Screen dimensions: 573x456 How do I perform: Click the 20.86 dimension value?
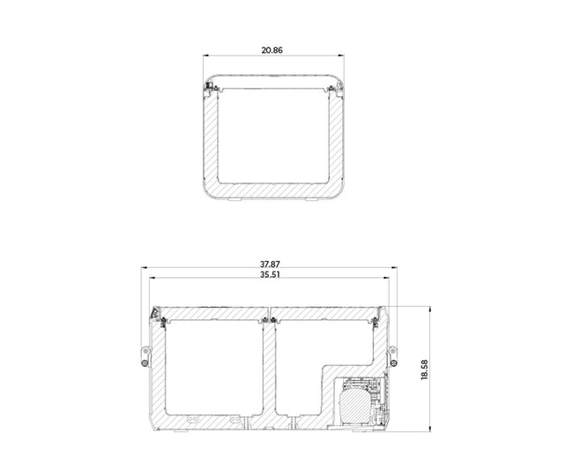pos(272,50)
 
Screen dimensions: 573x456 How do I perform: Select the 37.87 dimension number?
pos(270,264)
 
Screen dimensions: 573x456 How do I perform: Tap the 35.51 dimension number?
pos(270,274)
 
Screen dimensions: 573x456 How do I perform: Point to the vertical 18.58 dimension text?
pos(425,370)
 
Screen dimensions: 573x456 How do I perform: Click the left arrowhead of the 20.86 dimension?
pos(205,56)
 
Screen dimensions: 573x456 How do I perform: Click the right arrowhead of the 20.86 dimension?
pos(341,56)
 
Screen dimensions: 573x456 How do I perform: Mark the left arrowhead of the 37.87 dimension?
pos(145,267)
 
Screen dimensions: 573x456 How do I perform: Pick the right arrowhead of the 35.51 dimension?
pos(386,278)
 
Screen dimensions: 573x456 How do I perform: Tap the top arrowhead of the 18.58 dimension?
pos(430,309)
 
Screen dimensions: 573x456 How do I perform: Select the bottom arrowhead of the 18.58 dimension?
pos(430,429)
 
